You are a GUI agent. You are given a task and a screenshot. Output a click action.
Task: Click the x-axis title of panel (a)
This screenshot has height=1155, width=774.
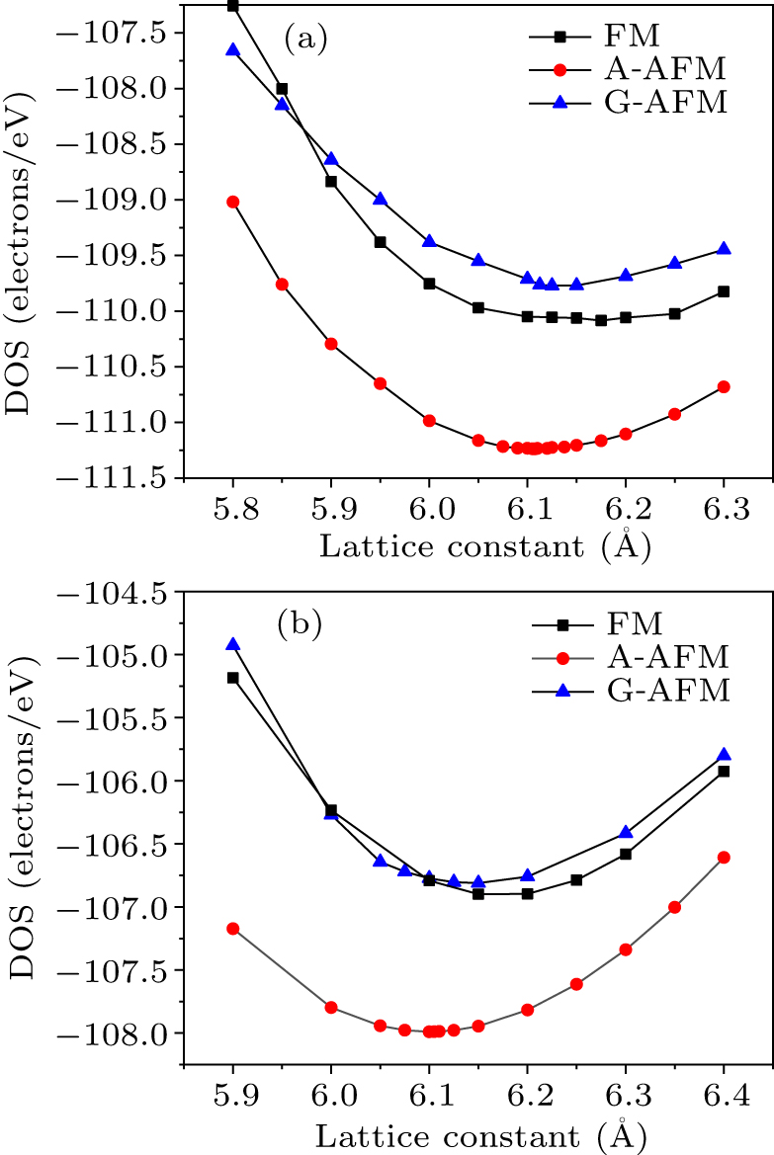click(x=484, y=545)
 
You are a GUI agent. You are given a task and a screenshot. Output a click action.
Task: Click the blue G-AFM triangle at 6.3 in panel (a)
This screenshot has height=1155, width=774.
click(x=724, y=248)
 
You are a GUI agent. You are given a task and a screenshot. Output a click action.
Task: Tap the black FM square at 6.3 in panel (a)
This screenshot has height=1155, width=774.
click(x=724, y=291)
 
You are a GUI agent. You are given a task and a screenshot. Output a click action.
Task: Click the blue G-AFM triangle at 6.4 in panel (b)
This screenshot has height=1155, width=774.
click(x=724, y=754)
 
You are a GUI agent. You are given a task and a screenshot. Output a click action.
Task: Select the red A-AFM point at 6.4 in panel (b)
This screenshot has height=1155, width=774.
click(x=724, y=857)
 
